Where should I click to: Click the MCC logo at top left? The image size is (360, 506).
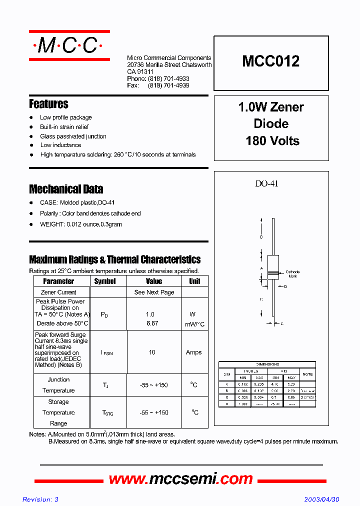pyautogui.click(x=68, y=46)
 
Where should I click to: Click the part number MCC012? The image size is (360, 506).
pyautogui.click(x=271, y=61)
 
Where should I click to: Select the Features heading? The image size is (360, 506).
pyautogui.click(x=48, y=104)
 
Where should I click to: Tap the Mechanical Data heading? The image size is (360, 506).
pyautogui.click(x=66, y=189)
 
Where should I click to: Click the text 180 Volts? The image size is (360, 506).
pyautogui.click(x=272, y=141)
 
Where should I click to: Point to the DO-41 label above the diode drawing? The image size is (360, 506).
pyautogui.click(x=266, y=183)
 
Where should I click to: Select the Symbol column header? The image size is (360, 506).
pyautogui.click(x=105, y=281)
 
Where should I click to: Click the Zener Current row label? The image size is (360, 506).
pyautogui.click(x=58, y=292)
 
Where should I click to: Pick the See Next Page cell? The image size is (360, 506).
pyautogui.click(x=154, y=292)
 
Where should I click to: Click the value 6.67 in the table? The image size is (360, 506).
pyautogui.click(x=151, y=323)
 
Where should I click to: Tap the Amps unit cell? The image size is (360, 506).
pyautogui.click(x=193, y=352)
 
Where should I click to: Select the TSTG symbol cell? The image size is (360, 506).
pyautogui.click(x=107, y=413)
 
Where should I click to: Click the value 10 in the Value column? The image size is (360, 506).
pyautogui.click(x=152, y=352)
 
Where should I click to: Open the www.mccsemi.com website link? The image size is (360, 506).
pyautogui.click(x=180, y=479)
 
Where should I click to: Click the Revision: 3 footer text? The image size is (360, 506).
pyautogui.click(x=40, y=499)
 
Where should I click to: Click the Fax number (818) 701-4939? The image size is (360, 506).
pyautogui.click(x=168, y=85)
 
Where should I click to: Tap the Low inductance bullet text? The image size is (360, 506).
pyautogui.click(x=60, y=145)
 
